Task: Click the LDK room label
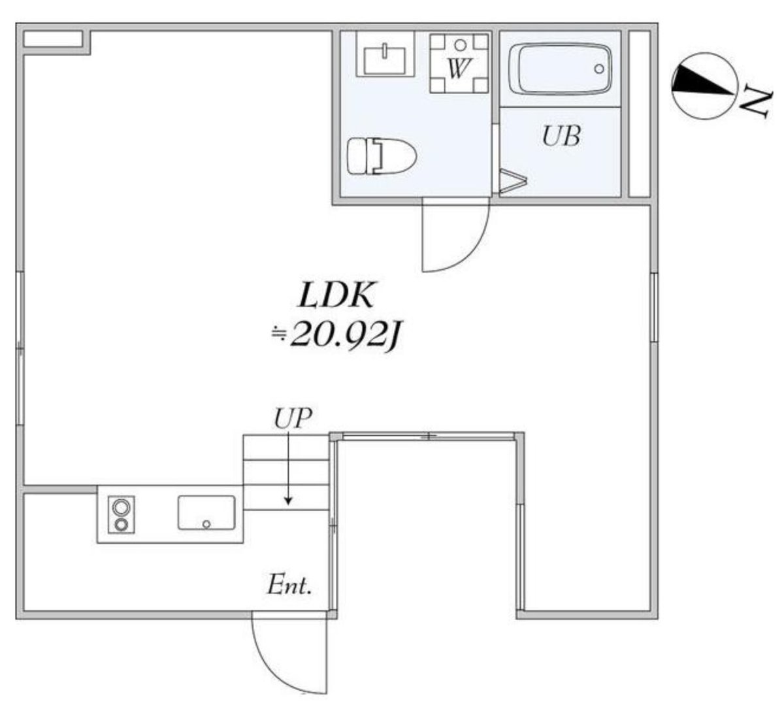pos(336,295)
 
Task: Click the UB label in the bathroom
pos(561,136)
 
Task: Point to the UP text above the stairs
pos(293,418)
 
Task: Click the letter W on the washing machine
pos(459,68)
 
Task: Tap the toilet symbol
pos(382,156)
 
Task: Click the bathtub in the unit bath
pos(560,69)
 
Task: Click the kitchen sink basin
pos(206,513)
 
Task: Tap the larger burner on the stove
pos(121,508)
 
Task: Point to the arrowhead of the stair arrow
pos(288,501)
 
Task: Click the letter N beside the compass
pos(757,103)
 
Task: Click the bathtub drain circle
pos(599,69)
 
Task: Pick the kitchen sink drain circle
pos(206,525)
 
